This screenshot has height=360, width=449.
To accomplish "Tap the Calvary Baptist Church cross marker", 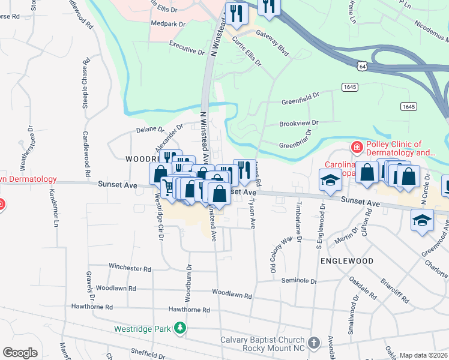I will (x=313, y=343).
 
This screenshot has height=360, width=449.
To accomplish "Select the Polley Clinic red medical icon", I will (x=357, y=148).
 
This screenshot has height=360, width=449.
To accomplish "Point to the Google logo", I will (x=20, y=353).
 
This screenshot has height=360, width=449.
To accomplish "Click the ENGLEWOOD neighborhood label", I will (x=347, y=261).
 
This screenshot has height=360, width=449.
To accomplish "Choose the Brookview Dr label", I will (x=298, y=123).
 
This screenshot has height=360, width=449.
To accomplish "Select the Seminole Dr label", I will (x=297, y=280).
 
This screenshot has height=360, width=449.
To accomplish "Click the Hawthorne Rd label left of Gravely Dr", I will (x=94, y=307).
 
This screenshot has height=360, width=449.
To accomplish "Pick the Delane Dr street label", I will (x=149, y=129).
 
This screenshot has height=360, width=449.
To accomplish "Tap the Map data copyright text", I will (x=423, y=355).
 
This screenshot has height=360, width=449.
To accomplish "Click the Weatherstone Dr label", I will (x=28, y=150).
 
